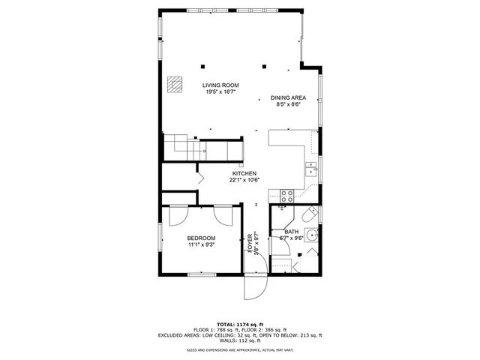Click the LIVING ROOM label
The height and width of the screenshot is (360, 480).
coord(220,85)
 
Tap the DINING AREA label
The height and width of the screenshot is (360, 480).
coord(288,98)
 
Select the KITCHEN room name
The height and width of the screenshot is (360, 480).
coord(244,172)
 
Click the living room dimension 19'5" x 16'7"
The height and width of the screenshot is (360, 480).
coord(220,92)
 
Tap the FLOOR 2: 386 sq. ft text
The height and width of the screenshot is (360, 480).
coord(271,330)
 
